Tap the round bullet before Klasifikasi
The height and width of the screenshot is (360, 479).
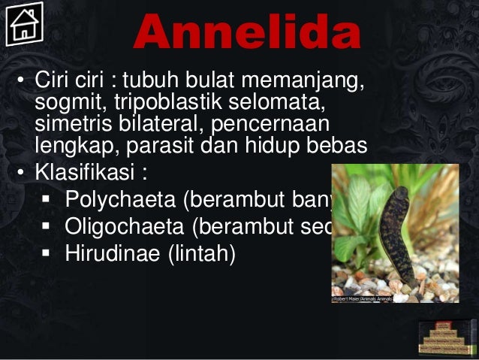[x=23, y=173]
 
